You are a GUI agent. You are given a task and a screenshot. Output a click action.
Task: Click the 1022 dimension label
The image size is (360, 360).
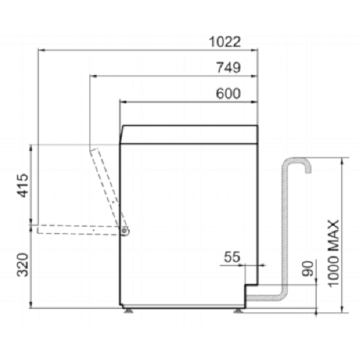click(x=225, y=42)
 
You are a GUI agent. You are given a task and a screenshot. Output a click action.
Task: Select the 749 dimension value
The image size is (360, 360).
click(x=228, y=68)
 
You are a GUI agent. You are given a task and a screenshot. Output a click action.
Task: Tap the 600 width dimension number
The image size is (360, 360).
click(x=228, y=94)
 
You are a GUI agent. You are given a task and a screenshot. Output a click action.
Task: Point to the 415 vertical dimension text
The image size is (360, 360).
click(x=24, y=186)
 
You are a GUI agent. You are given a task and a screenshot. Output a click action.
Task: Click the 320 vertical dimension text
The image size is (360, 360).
click(x=23, y=264)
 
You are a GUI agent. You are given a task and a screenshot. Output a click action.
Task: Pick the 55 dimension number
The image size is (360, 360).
click(x=232, y=257)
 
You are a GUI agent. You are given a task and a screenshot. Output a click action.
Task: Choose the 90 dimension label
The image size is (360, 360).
click(x=308, y=269)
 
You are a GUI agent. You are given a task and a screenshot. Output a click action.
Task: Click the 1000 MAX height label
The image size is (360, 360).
click(x=333, y=253)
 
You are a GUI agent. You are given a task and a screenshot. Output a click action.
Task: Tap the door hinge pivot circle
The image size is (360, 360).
click(x=125, y=230)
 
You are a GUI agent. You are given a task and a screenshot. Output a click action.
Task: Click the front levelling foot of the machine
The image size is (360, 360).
click(x=129, y=311)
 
